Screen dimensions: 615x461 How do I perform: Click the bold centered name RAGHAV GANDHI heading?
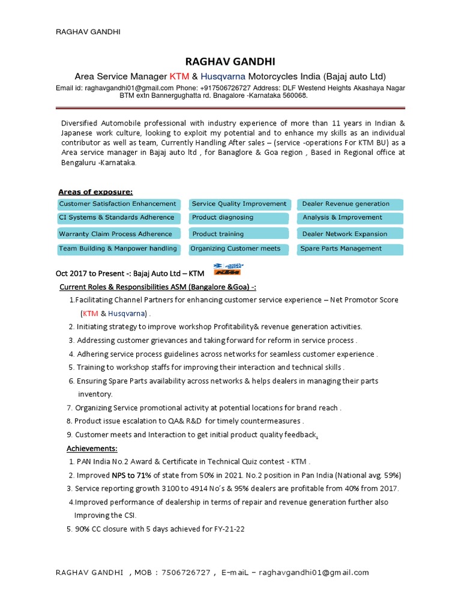point(230,62)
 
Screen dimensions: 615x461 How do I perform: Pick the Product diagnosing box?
point(240,218)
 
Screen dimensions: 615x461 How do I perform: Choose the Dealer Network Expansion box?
point(350,234)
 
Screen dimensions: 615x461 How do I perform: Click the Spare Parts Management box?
point(350,249)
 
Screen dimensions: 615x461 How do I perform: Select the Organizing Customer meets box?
point(240,249)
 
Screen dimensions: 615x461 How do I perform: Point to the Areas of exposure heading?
point(95,192)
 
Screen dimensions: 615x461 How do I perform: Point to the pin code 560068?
point(294,95)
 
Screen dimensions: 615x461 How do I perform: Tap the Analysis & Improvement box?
point(350,218)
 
